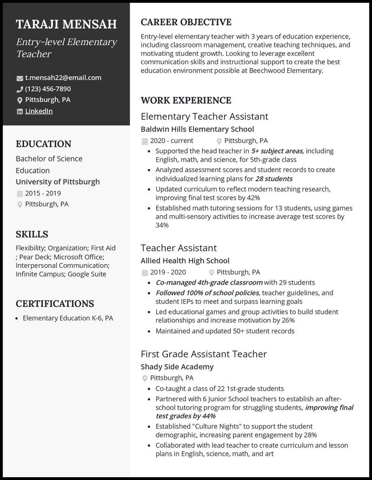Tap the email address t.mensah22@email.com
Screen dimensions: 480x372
click(63, 78)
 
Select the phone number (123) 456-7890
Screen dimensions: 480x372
click(48, 89)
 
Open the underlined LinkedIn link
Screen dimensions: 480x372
click(39, 111)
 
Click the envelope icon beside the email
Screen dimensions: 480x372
click(20, 78)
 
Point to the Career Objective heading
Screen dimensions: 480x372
click(186, 22)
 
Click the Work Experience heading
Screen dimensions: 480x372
click(186, 100)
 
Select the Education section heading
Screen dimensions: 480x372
click(43, 144)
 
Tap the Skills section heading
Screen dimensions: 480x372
click(32, 234)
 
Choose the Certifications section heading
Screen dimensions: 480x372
click(55, 304)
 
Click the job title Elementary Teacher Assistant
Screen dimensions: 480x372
click(204, 116)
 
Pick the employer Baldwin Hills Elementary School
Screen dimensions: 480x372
click(197, 129)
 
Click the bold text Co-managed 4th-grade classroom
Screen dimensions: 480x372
click(209, 282)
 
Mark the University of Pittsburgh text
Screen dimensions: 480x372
click(58, 182)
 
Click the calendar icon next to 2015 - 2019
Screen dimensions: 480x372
click(20, 193)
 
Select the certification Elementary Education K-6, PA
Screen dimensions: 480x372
click(68, 319)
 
